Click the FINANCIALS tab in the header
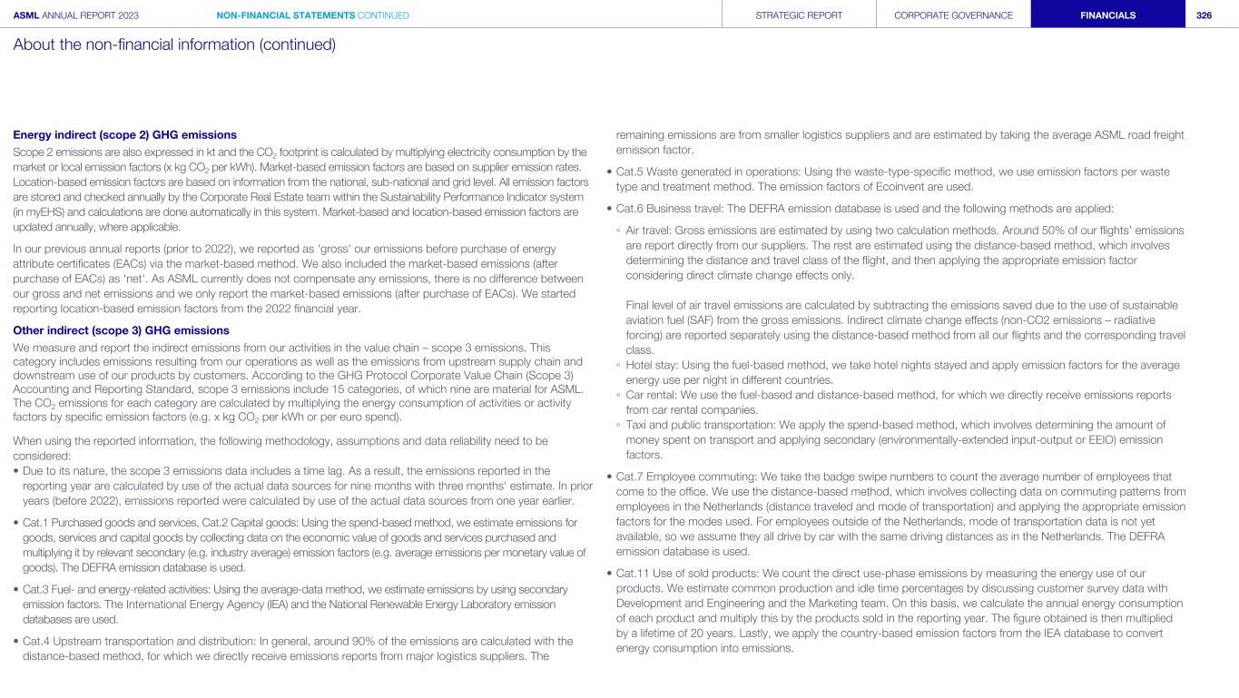(x=1107, y=15)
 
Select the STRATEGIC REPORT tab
(x=799, y=15)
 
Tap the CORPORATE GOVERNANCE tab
(x=953, y=15)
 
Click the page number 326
(x=1205, y=15)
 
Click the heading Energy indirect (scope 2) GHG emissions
(x=124, y=135)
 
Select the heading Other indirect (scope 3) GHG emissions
(x=121, y=330)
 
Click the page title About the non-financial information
(x=174, y=44)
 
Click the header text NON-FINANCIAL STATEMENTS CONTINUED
(x=313, y=15)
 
